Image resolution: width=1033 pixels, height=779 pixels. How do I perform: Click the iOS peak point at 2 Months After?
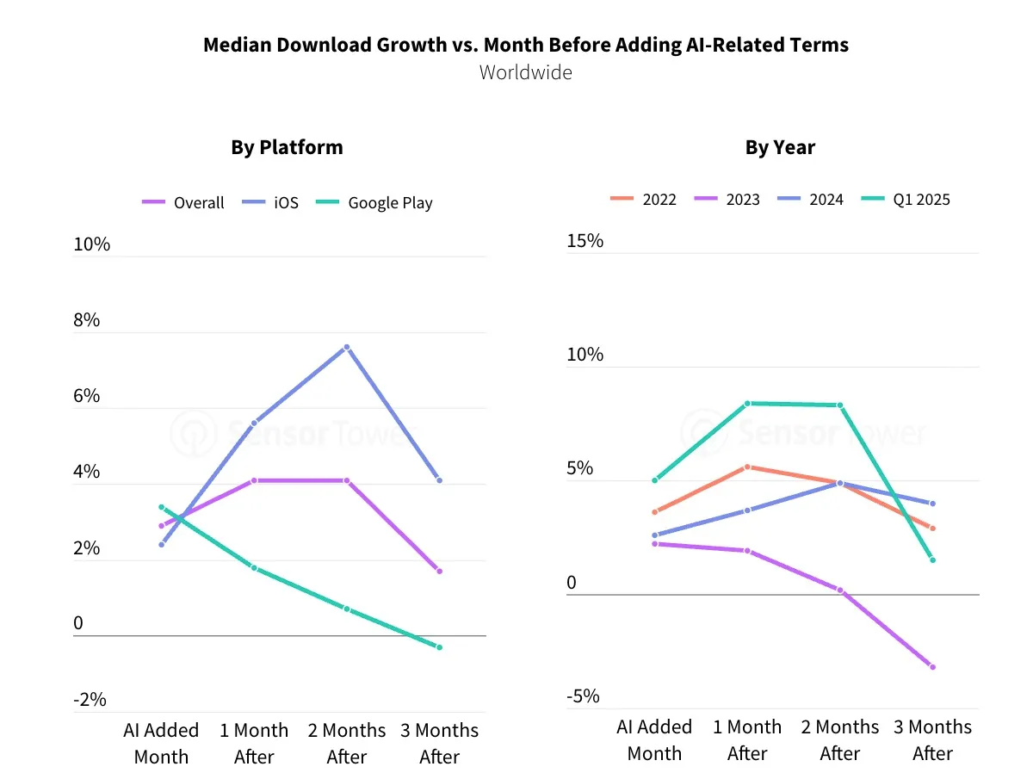click(347, 347)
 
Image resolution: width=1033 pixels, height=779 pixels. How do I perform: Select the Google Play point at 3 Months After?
click(439, 647)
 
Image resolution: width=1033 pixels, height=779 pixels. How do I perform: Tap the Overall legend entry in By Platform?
click(183, 203)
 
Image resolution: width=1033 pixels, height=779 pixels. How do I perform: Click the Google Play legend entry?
click(374, 203)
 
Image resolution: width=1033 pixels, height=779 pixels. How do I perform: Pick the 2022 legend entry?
click(643, 200)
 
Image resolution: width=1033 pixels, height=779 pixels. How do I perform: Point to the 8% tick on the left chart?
click(86, 320)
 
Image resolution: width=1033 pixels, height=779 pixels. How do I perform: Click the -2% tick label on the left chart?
click(90, 699)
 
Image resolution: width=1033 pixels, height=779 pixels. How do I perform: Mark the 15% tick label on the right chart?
click(585, 241)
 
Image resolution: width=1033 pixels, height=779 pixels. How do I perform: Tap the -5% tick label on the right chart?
click(583, 696)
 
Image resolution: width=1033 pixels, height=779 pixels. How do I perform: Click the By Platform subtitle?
click(287, 147)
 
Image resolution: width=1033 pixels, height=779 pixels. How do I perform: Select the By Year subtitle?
click(780, 147)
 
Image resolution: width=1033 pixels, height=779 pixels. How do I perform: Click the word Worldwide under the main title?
click(525, 72)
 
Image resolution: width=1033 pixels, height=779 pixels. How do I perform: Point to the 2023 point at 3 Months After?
click(932, 667)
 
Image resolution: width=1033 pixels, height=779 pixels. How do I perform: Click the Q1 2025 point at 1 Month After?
click(747, 403)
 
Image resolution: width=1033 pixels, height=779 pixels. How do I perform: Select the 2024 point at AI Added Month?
click(654, 535)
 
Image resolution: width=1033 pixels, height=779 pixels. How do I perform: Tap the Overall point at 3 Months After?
click(439, 572)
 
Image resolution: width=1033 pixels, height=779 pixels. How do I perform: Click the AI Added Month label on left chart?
click(161, 743)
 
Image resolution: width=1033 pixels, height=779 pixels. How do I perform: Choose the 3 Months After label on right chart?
click(932, 739)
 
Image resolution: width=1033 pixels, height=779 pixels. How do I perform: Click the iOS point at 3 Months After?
click(439, 480)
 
